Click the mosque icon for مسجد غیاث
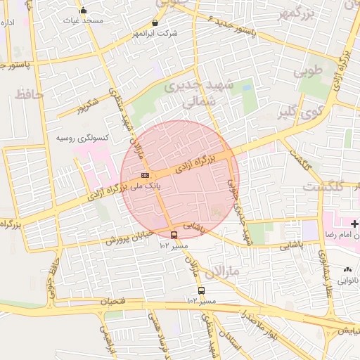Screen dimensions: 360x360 [84, 10]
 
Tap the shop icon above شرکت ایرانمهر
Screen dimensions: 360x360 [155, 22]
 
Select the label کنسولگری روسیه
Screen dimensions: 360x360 [82, 137]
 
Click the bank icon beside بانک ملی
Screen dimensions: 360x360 [145, 175]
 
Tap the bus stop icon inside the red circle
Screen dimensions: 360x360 [174, 235]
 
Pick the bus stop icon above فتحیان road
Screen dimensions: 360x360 [202, 290]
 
